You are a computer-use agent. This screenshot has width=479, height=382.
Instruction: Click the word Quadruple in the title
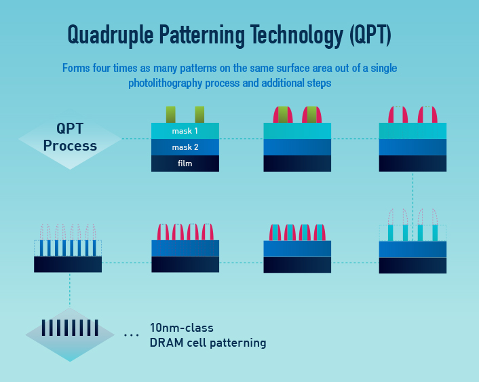tap(111, 35)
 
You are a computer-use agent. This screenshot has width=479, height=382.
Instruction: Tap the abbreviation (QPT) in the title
tap(370, 35)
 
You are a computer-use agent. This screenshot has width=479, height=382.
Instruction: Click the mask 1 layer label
tap(185, 131)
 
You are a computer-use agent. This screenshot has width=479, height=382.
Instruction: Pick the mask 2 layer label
tap(185, 147)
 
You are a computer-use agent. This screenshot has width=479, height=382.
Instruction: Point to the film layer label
tap(185, 164)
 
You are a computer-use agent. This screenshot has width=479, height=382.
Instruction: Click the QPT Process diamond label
tap(70, 137)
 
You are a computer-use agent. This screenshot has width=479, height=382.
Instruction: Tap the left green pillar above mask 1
tap(171, 115)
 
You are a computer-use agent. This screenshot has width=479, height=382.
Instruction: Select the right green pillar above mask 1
tap(199, 115)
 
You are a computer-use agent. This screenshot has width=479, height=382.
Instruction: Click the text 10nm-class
tap(182, 328)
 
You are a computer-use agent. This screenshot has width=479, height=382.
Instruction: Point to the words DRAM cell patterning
tap(208, 343)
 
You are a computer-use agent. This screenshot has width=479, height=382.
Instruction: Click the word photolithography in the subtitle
tap(166, 83)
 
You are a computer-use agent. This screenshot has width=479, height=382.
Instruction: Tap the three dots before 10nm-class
tap(132, 335)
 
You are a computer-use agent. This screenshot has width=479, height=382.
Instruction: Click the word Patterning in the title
tap(202, 35)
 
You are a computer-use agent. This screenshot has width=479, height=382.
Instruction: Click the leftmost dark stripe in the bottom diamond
tap(43, 328)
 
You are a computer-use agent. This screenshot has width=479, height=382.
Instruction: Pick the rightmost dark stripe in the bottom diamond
tap(96, 328)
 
